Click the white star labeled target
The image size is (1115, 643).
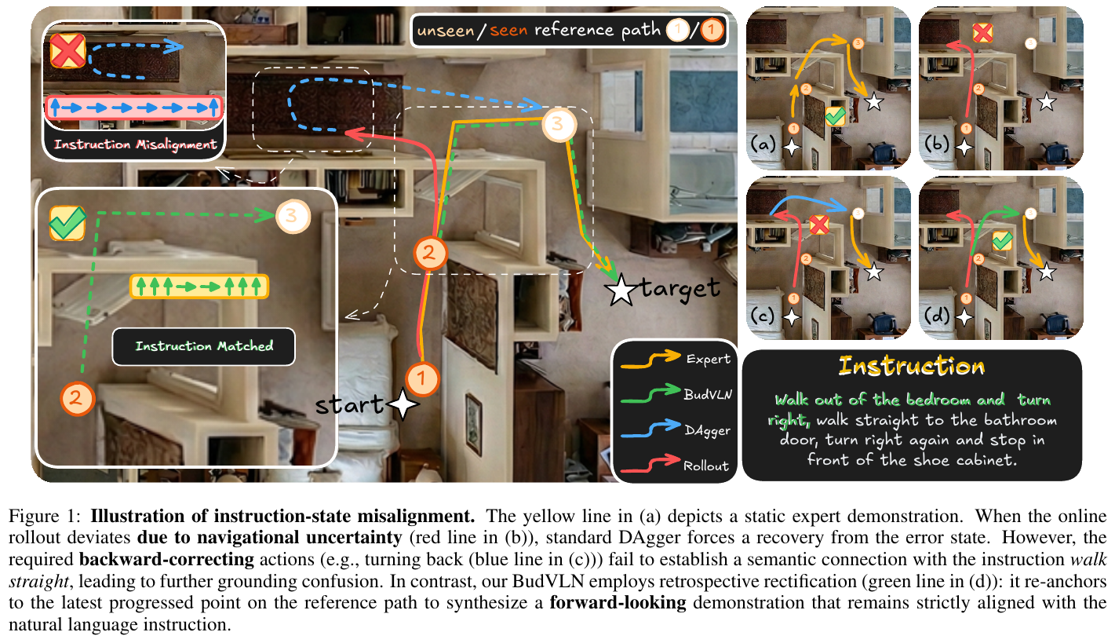tap(621, 291)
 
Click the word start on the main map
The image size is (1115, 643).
tap(350, 405)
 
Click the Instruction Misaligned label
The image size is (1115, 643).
tap(135, 144)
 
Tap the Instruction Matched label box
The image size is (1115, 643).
tap(204, 345)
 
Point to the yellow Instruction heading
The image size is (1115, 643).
tap(911, 366)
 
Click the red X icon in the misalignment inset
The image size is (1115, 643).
tap(68, 53)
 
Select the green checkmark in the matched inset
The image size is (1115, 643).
tap(67, 224)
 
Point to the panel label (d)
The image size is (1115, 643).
tap(937, 317)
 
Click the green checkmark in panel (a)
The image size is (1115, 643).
tap(835, 116)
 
